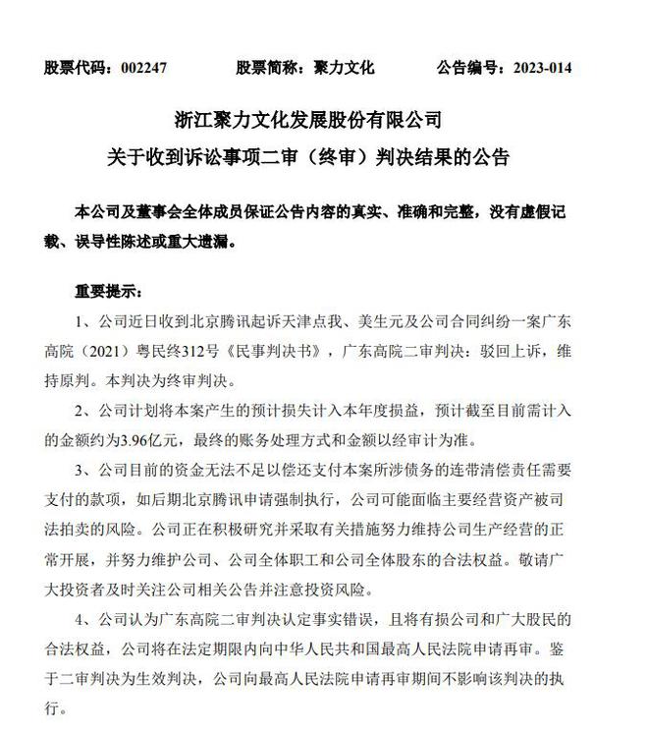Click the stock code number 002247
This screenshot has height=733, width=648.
click(145, 69)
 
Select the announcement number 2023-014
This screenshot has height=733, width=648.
click(537, 69)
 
